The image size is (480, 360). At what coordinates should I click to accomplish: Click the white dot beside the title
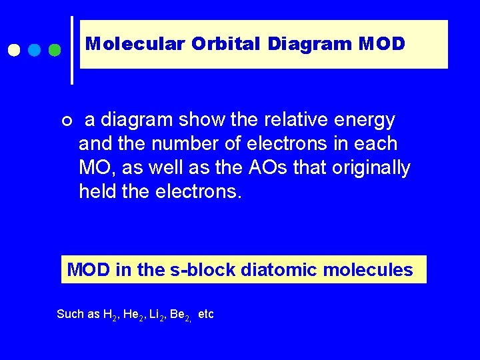(x=14, y=51)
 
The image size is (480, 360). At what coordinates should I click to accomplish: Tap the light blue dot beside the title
(x=35, y=51)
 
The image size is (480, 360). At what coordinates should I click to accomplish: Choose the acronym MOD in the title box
(x=381, y=44)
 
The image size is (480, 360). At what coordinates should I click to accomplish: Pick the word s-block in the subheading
(x=198, y=270)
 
